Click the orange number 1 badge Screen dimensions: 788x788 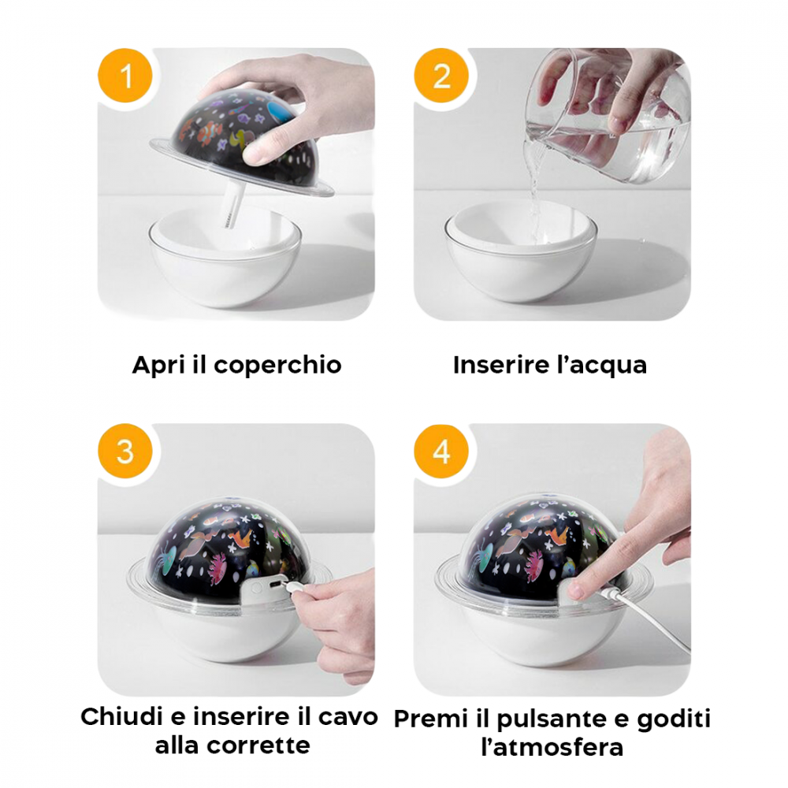pos(125,77)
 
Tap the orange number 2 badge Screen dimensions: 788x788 pos(441,77)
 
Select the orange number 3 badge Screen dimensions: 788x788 pos(125,453)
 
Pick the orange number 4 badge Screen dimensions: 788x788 pos(441,453)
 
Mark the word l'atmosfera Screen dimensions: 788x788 pos(552,746)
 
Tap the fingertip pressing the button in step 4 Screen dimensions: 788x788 pos(580,587)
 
